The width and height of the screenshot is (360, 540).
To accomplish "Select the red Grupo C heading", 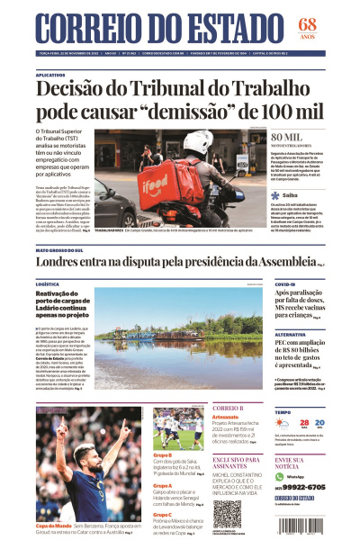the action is point(164,514).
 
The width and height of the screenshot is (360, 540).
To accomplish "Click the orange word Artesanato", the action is point(226,417).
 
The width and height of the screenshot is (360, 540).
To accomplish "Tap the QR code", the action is point(227,514).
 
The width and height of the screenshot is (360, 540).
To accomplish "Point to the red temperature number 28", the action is point(305,422).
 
